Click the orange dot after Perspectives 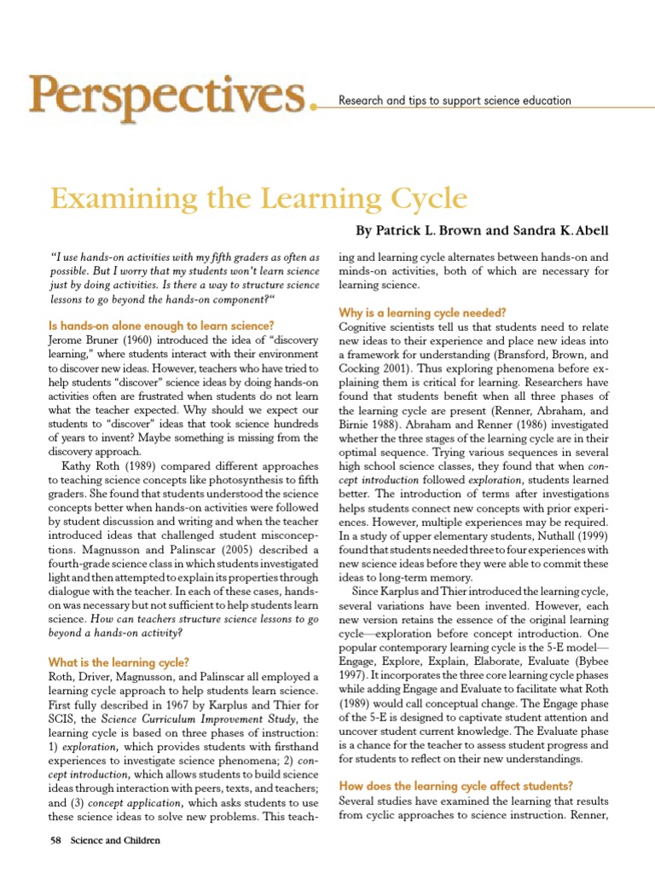click(318, 107)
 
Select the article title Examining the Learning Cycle click(259, 199)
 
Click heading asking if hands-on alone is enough click(162, 325)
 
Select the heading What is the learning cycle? click(119, 662)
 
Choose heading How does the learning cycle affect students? click(455, 785)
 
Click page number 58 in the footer click(56, 840)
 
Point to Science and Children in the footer click(114, 840)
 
